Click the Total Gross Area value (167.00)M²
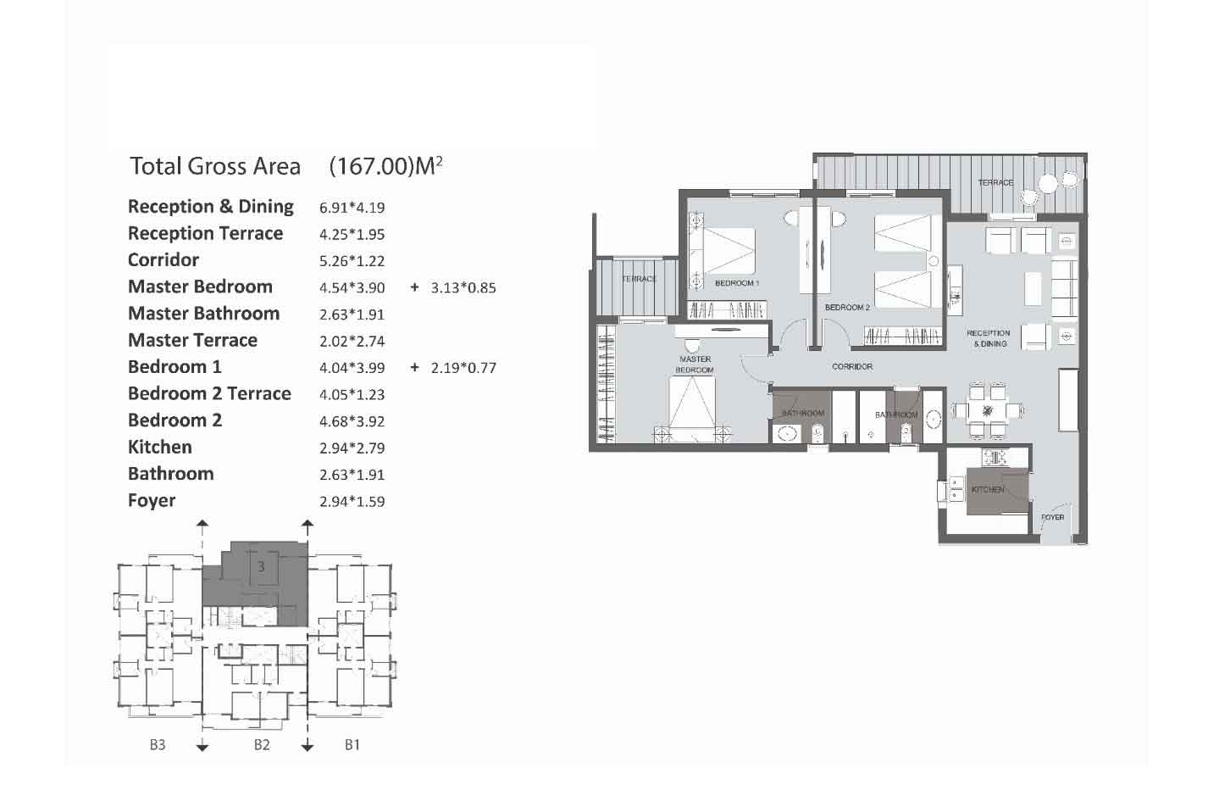click(385, 166)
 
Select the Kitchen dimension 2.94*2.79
click(352, 448)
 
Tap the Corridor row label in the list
click(163, 259)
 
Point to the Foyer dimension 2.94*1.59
click(352, 502)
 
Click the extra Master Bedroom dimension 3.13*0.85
click(463, 288)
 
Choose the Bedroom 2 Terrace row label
click(209, 393)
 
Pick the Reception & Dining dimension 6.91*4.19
click(352, 208)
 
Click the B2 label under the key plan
click(262, 744)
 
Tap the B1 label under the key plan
click(352, 744)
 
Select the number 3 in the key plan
click(261, 567)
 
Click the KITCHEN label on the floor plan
click(988, 489)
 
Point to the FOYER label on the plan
click(1052, 517)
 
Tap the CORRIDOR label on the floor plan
click(852, 366)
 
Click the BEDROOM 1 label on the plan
click(737, 283)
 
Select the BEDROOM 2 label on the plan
click(847, 308)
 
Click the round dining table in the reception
click(987, 410)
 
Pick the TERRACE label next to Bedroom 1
click(640, 279)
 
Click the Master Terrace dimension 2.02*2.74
click(352, 342)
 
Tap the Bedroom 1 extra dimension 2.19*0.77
click(463, 368)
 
